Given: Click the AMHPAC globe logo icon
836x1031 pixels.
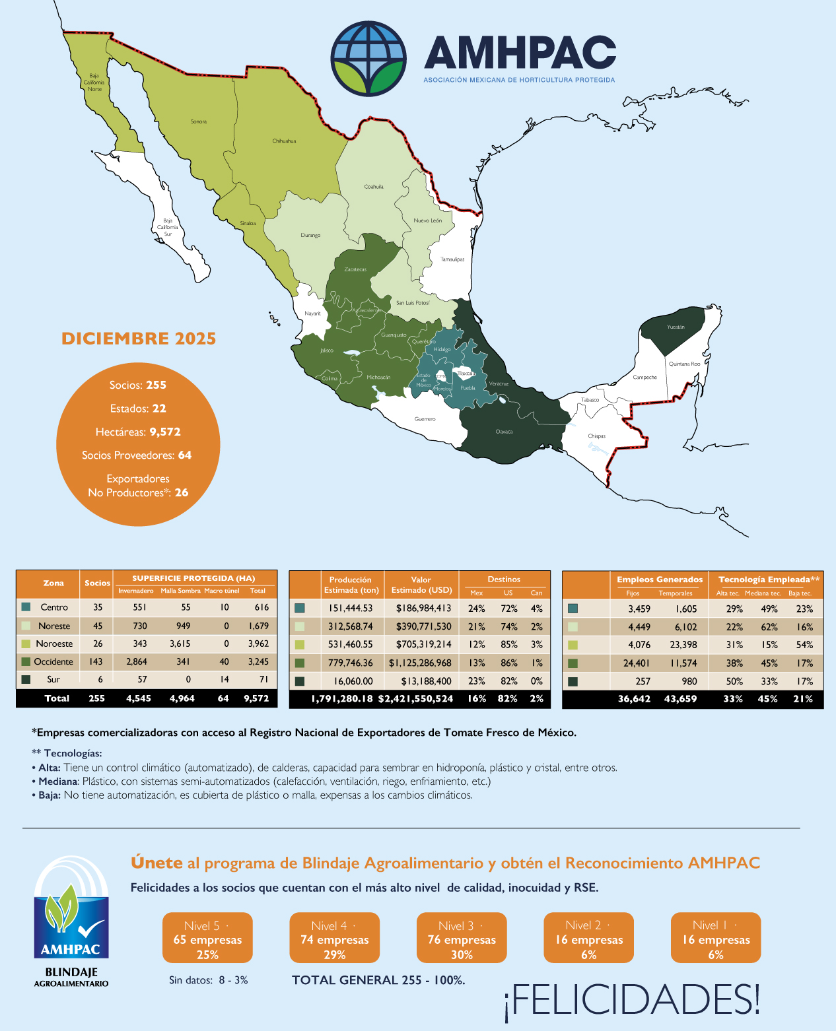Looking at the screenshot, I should [x=368, y=58].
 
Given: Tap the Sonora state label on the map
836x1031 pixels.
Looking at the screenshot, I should [x=199, y=121].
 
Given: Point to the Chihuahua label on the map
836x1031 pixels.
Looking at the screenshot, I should [x=284, y=141].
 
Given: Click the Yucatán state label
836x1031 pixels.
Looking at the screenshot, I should [x=676, y=327].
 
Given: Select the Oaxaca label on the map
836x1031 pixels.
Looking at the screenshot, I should [x=504, y=432].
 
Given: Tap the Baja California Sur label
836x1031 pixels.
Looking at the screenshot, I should [x=168, y=227].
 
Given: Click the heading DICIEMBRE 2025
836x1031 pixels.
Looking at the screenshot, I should [x=139, y=339].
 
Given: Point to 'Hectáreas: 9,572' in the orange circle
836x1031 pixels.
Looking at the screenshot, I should [x=138, y=432].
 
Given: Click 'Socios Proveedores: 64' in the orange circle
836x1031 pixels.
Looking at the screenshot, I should [x=137, y=455].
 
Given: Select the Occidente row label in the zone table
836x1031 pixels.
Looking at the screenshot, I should [x=53, y=661].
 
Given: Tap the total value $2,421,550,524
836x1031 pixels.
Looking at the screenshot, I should [x=415, y=698].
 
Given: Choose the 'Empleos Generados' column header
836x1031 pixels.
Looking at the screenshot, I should [x=659, y=580].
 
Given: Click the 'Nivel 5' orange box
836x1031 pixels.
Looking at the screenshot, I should [x=207, y=938].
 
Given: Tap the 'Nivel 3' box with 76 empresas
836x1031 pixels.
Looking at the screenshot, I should [x=462, y=938].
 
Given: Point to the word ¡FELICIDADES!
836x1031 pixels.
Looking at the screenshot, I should [x=632, y=999].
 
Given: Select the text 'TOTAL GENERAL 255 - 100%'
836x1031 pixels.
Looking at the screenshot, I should [x=378, y=980].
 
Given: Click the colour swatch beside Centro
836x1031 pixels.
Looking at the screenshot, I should [x=26, y=607].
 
